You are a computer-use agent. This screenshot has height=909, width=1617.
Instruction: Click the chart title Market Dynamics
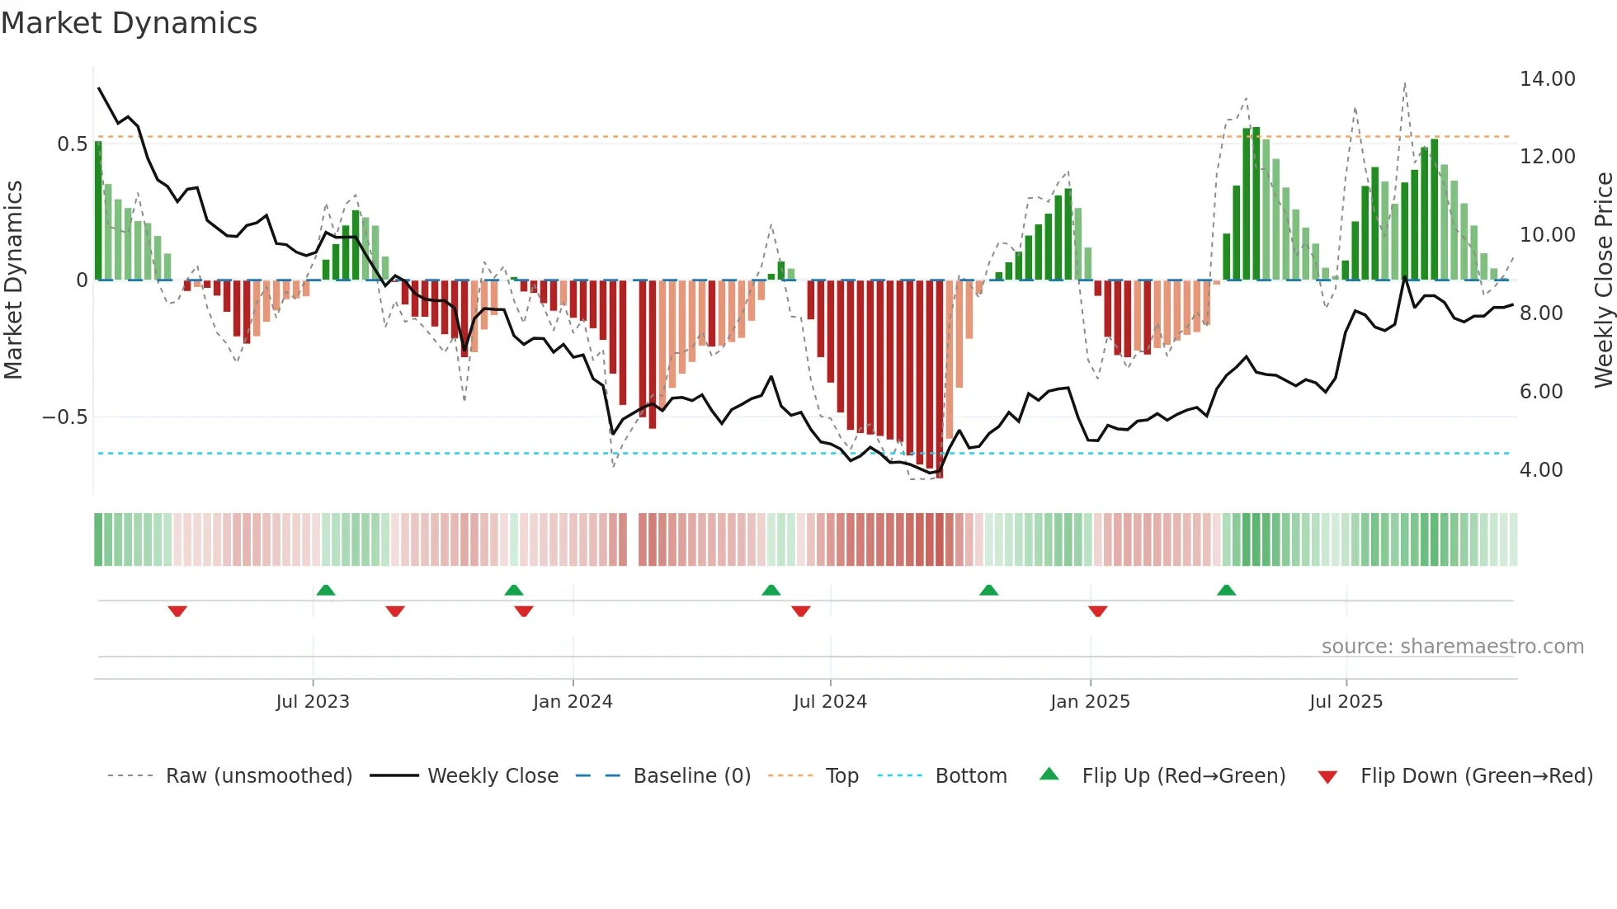click(129, 23)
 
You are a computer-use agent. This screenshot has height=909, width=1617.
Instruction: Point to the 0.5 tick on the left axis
click(72, 144)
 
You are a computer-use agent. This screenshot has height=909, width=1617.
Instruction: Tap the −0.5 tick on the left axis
click(65, 417)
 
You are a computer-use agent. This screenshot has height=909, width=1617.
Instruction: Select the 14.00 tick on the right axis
click(1547, 79)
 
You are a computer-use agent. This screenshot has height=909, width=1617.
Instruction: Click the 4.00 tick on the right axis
click(1540, 470)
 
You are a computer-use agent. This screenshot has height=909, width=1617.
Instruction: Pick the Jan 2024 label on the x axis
click(573, 702)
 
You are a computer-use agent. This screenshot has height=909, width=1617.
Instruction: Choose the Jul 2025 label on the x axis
click(1346, 702)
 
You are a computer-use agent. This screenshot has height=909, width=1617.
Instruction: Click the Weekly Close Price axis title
click(1603, 280)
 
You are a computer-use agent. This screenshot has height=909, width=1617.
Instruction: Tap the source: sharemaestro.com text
click(1452, 647)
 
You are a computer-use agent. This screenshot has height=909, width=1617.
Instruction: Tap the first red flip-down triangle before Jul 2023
click(177, 611)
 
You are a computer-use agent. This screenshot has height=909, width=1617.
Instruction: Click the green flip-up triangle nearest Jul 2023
click(326, 590)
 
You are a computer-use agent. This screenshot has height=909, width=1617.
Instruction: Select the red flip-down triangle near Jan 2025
click(1097, 611)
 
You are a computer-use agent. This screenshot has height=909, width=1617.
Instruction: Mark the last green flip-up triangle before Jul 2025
click(1226, 590)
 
